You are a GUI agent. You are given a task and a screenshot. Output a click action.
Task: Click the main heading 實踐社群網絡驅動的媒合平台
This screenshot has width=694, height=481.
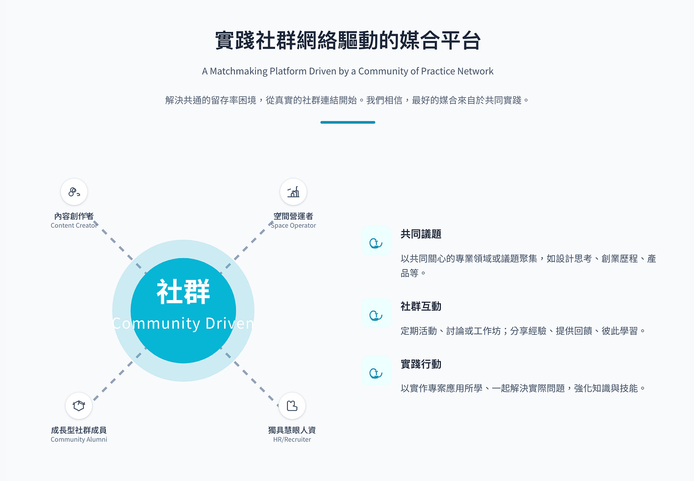point(347,40)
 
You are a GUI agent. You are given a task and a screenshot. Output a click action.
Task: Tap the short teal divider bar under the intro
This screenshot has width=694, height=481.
point(347,122)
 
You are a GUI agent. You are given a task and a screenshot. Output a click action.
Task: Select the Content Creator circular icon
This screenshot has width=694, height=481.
point(74,192)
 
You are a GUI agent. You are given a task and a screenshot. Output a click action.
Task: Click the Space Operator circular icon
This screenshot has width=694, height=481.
point(293,192)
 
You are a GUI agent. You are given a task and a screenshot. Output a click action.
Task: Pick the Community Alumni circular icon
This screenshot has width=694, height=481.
point(79,406)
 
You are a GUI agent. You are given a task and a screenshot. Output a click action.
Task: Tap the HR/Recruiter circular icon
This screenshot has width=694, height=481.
point(292,406)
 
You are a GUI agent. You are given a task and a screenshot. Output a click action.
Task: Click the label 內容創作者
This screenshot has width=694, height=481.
point(74,216)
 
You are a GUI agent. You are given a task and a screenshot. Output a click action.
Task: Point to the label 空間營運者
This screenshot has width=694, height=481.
point(293,216)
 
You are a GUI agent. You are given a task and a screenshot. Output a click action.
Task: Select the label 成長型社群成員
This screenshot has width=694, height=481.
point(79,430)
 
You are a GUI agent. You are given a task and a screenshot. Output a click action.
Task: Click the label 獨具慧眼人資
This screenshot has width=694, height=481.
point(292,430)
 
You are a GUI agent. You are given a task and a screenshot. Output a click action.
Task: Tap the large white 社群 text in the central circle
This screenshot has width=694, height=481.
point(184,292)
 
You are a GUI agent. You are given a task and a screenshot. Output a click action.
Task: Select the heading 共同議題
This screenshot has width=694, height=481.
point(421,234)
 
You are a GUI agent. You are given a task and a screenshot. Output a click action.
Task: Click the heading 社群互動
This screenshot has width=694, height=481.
point(421,306)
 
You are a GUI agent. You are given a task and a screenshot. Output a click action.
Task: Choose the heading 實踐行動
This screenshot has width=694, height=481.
point(421,364)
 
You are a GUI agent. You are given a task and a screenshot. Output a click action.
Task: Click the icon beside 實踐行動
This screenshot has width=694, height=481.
point(376,373)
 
